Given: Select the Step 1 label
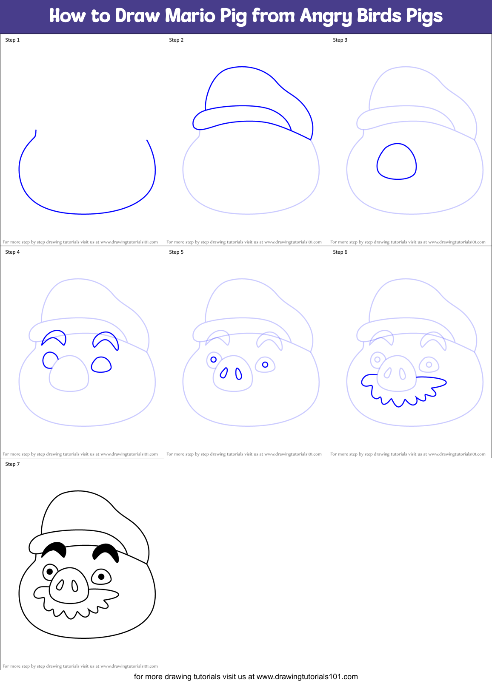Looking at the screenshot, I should click(12, 40).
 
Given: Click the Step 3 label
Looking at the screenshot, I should click(340, 40).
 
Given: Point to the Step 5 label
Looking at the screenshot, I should click(176, 252).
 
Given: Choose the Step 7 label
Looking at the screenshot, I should click(12, 464).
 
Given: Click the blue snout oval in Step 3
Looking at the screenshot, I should click(396, 162).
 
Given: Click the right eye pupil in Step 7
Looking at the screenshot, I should click(101, 577).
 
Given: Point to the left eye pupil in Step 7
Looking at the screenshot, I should click(50, 571).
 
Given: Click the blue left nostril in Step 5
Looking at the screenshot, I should click(223, 373).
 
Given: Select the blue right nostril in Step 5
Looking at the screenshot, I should click(239, 374).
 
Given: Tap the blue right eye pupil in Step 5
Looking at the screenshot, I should click(265, 365).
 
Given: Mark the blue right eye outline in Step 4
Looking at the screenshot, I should click(101, 365).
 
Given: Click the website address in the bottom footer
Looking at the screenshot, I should click(307, 677).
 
